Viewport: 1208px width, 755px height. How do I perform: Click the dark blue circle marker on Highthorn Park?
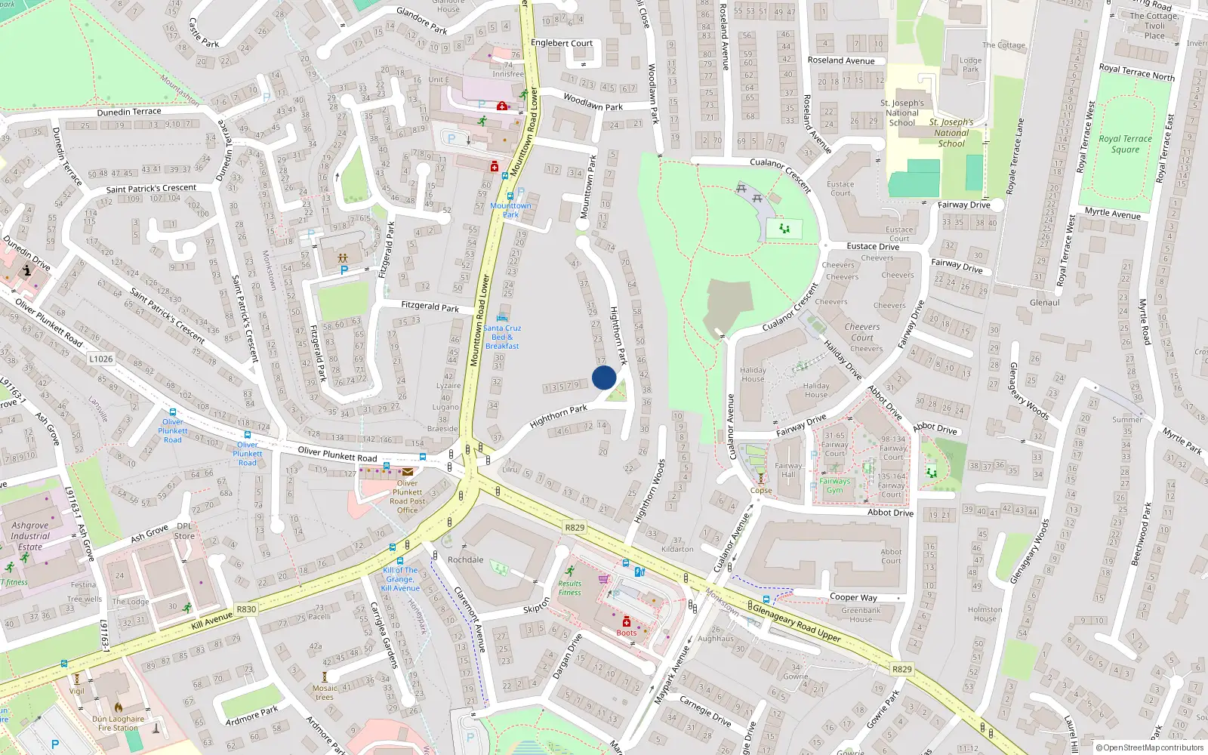[604, 377]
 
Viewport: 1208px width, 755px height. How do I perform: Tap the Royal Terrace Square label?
[1125, 143]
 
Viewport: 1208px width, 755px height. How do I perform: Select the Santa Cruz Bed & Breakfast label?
[502, 337]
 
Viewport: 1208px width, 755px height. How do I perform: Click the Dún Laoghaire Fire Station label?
[118, 723]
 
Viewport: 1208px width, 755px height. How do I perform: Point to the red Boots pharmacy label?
[626, 633]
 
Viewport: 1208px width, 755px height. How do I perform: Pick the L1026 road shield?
[101, 359]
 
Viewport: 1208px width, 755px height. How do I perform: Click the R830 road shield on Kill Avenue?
[246, 609]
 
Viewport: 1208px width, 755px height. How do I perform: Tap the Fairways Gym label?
[834, 485]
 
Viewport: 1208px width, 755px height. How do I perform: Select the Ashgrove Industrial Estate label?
[30, 536]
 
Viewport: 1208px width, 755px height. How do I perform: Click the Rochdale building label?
[465, 559]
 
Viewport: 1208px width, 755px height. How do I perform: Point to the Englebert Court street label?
[562, 43]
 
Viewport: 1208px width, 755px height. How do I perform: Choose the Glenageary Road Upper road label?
[797, 621]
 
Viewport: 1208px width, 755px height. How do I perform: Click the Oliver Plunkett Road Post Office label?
[408, 496]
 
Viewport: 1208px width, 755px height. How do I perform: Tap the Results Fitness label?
[570, 587]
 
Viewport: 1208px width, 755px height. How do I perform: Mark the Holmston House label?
[985, 614]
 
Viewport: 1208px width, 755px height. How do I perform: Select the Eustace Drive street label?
[873, 246]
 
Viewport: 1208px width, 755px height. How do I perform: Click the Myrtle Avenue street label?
[1112, 213]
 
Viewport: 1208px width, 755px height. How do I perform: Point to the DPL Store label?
[184, 531]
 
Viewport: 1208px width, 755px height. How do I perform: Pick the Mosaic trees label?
[325, 692]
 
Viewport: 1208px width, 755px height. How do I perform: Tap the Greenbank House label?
[861, 615]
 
